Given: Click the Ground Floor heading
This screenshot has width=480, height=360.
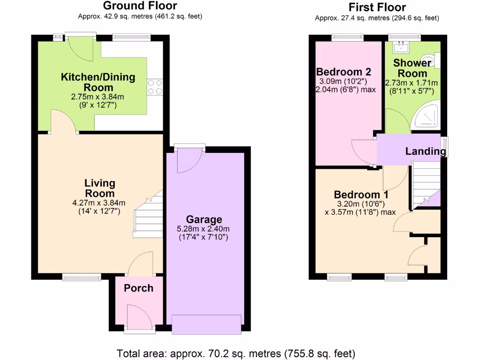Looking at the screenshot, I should [140, 6].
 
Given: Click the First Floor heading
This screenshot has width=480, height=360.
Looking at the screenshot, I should [377, 7].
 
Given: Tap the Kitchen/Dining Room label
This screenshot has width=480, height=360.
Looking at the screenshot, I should [98, 82].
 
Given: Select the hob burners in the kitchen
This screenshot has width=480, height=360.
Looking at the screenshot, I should [155, 87].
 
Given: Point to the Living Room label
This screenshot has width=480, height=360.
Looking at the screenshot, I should [99, 188].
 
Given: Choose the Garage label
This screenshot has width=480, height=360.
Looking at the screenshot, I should [204, 219].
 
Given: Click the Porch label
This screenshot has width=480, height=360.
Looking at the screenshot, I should [138, 288].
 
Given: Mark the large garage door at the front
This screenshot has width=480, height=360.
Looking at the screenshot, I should [207, 324].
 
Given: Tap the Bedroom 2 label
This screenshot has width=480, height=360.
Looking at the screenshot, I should [344, 72].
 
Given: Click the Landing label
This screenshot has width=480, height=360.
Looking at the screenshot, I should [425, 151].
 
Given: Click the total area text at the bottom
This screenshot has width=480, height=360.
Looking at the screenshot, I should [236, 353].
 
